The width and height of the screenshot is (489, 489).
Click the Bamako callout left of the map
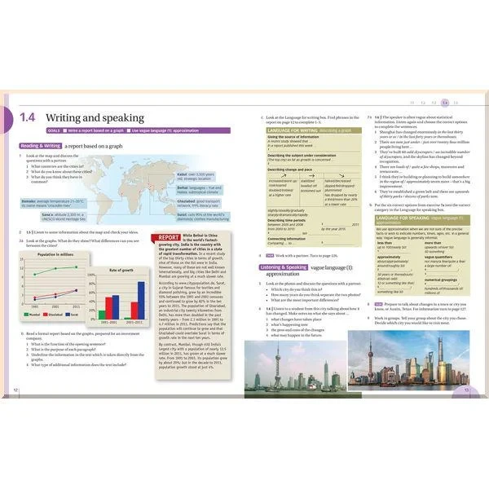pyautogui.click(x=42, y=202)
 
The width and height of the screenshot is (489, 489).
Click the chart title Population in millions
pyautogui.click(x=56, y=255)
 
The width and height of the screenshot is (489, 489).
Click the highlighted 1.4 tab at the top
pyautogui.click(x=444, y=104)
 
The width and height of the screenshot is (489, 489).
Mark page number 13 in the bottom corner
pyautogui.click(x=467, y=390)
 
